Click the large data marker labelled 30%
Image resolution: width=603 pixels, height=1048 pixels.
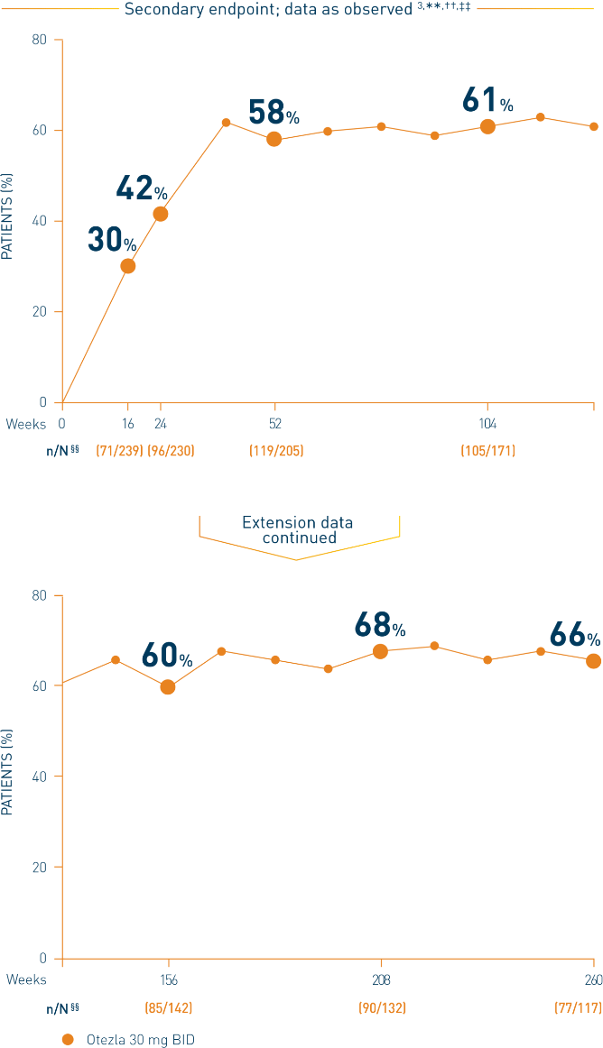click(x=128, y=266)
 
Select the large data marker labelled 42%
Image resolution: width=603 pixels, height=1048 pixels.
click(x=161, y=214)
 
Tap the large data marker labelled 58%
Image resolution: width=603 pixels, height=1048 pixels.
click(x=274, y=139)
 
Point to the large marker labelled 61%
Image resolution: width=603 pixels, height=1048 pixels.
click(x=487, y=126)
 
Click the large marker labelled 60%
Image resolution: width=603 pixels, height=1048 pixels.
click(x=168, y=687)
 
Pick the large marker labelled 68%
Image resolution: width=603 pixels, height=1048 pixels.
click(x=381, y=652)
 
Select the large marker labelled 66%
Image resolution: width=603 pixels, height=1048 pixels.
click(x=593, y=661)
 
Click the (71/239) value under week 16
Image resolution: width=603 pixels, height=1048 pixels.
click(x=119, y=450)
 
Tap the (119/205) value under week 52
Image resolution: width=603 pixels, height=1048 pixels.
click(x=275, y=450)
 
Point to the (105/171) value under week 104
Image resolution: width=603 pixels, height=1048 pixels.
click(x=487, y=450)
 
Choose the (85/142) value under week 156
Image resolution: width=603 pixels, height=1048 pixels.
click(x=168, y=1007)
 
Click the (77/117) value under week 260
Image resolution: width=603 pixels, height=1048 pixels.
click(x=578, y=1007)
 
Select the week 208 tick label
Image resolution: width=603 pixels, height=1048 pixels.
click(x=381, y=979)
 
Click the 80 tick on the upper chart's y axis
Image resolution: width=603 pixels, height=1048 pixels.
click(x=40, y=41)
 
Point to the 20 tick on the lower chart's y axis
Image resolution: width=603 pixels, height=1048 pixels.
click(x=40, y=868)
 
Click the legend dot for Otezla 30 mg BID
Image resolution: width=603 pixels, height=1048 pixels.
click(x=67, y=1039)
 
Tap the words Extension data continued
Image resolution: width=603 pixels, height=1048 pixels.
click(x=298, y=530)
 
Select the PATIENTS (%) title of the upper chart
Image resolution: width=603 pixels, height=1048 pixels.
click(x=8, y=221)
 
